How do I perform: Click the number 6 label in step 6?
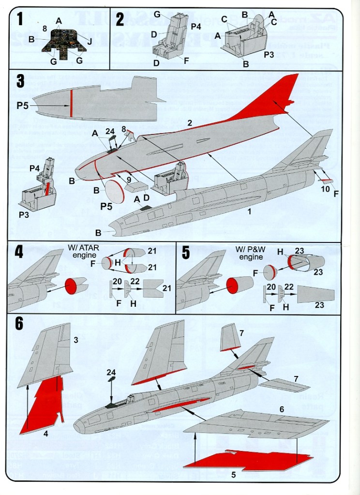[281, 409]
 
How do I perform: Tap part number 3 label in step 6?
[75, 341]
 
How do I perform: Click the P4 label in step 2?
[195, 26]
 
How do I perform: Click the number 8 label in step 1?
[45, 29]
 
